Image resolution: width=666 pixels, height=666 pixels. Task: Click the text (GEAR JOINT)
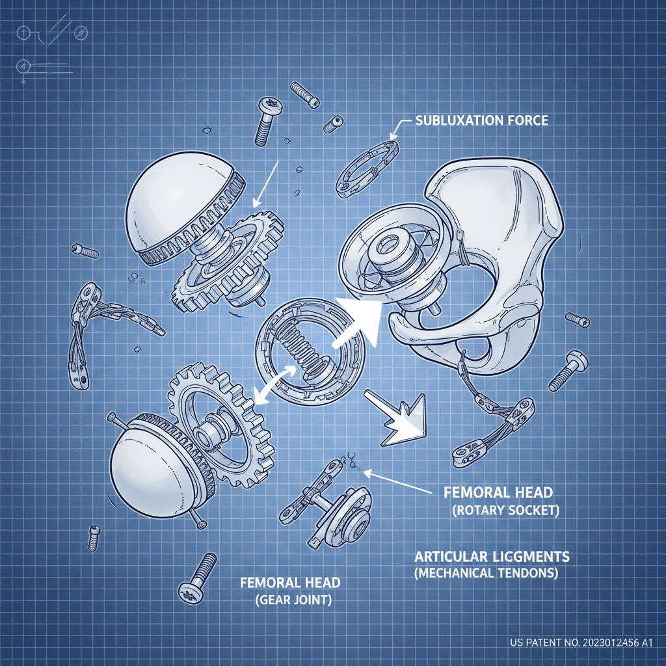coord(293,600)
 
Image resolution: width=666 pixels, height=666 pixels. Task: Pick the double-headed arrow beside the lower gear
coord(275,384)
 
